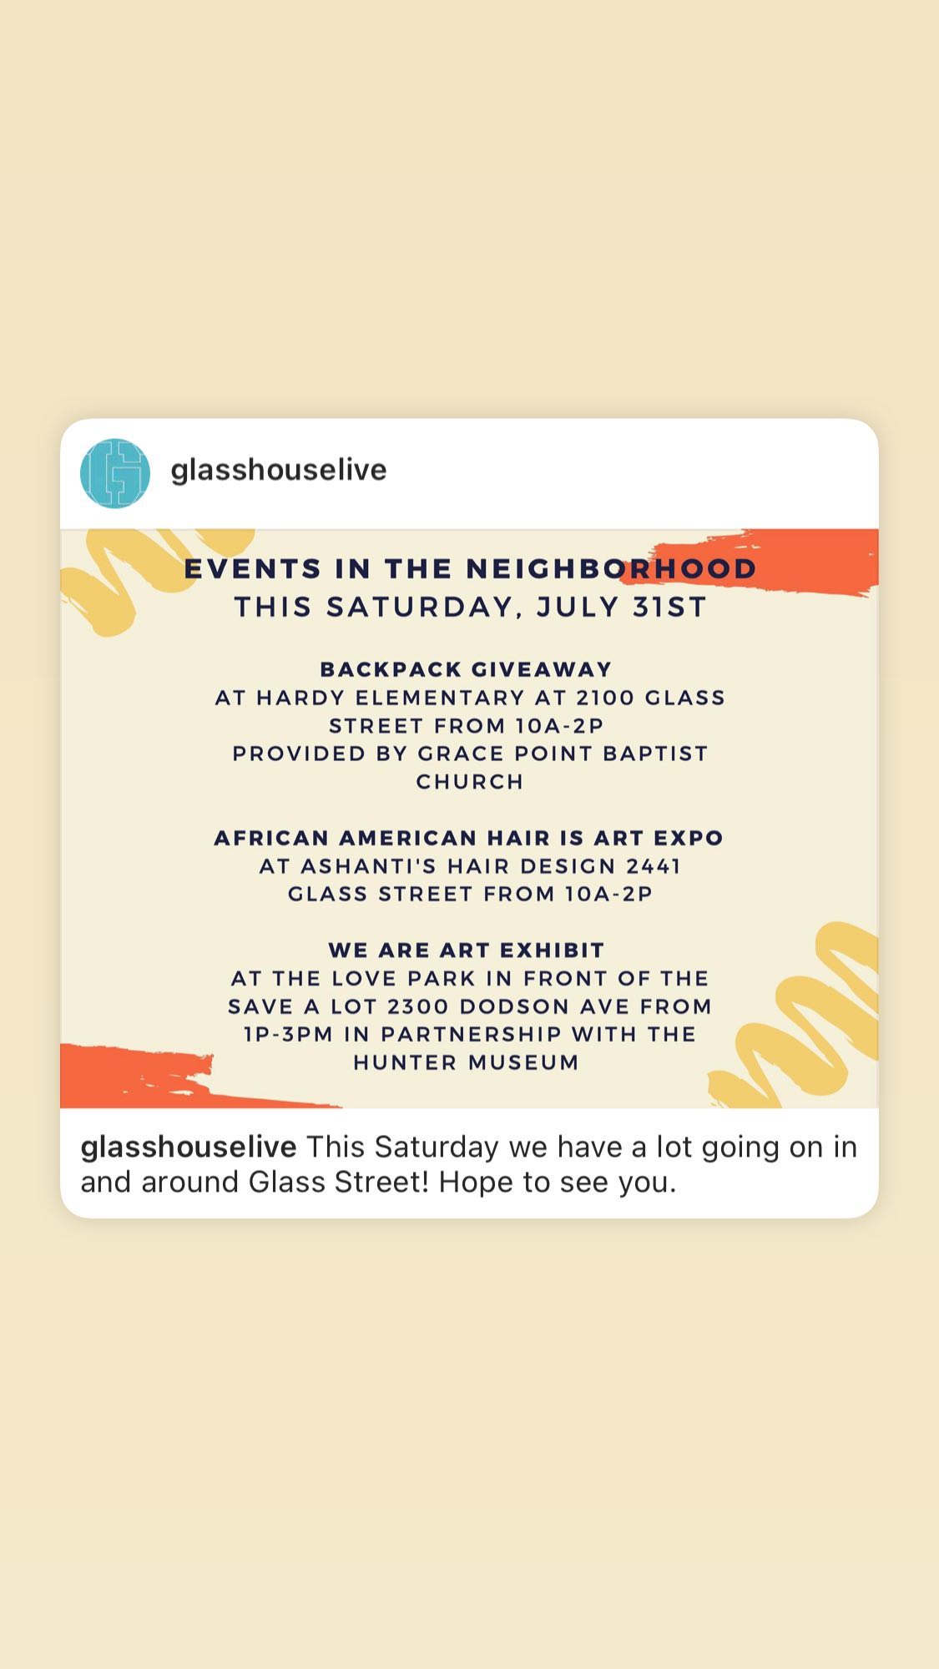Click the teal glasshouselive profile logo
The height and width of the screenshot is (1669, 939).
pyautogui.click(x=115, y=473)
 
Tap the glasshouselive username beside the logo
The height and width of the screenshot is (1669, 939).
pyautogui.click(x=279, y=470)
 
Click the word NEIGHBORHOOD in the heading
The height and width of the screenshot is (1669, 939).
pyautogui.click(x=611, y=568)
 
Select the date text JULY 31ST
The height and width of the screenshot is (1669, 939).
pyautogui.click(x=622, y=607)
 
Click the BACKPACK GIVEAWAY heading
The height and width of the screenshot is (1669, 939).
pyautogui.click(x=467, y=669)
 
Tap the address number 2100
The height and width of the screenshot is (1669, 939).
pyautogui.click(x=605, y=698)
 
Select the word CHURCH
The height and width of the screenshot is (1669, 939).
pyautogui.click(x=470, y=782)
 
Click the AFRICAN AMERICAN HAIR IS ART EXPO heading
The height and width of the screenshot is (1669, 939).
pyautogui.click(x=469, y=838)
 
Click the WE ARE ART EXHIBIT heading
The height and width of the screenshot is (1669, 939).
pyautogui.click(x=467, y=950)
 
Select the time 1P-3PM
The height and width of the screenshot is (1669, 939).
pyautogui.click(x=288, y=1035)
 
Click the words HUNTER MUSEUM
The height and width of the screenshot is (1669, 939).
pyautogui.click(x=467, y=1063)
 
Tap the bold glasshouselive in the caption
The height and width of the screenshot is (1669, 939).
pyautogui.click(x=189, y=1147)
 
